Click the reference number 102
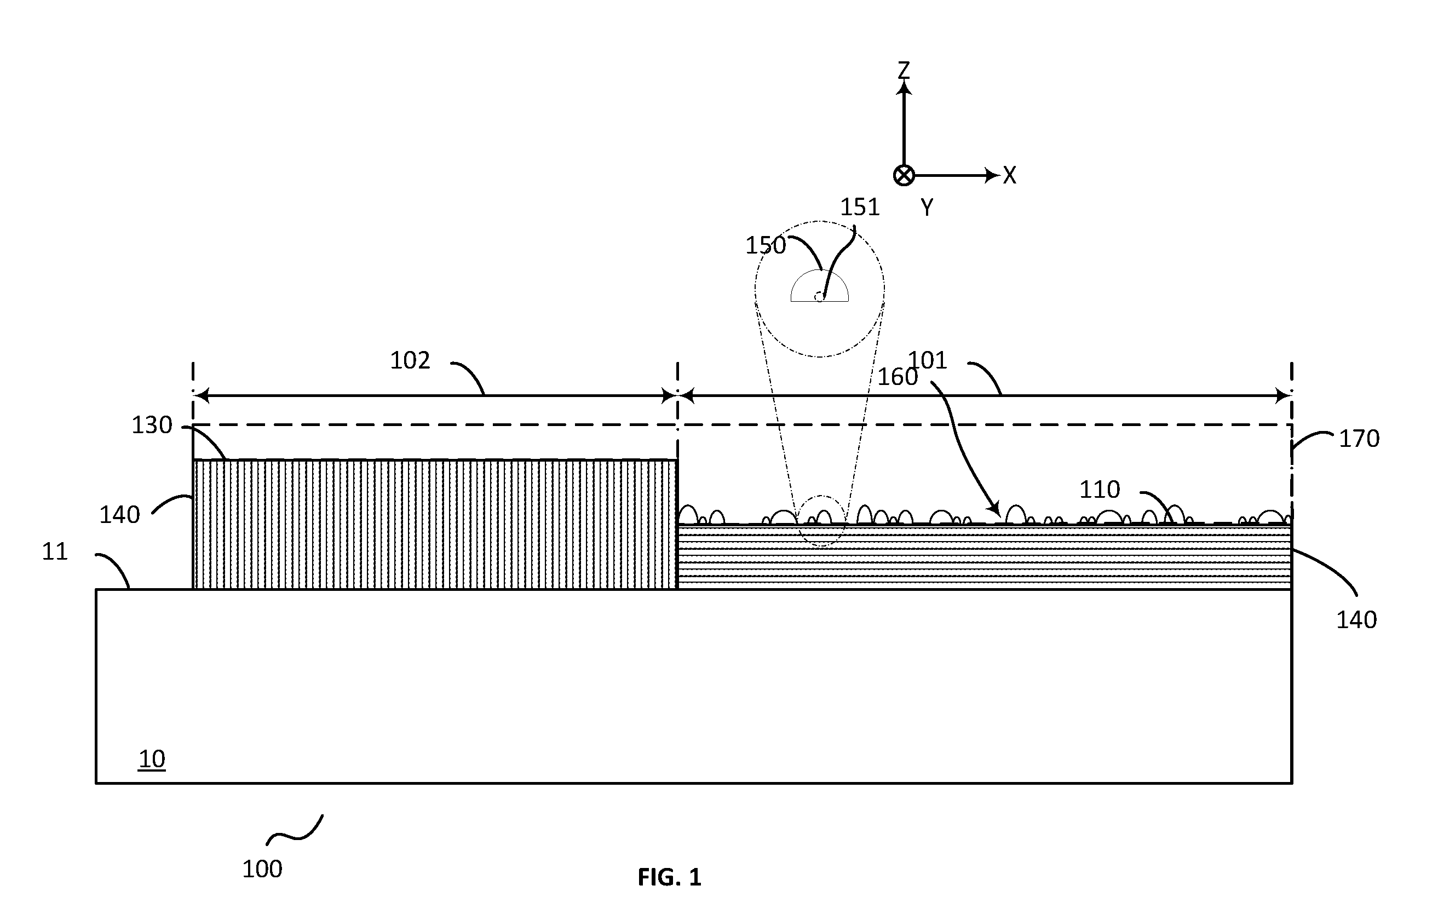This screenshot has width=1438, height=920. pos(410,361)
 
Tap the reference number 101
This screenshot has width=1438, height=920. pos(928,361)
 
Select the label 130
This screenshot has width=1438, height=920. pos(152,426)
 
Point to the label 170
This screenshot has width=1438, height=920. pos(1359,439)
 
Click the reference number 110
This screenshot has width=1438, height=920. pos(1099,490)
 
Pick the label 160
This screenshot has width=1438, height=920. pos(898,377)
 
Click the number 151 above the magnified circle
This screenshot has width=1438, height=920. pos(860,208)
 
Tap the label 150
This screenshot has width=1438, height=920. pos(766,245)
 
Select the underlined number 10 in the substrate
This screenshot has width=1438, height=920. pos(152,760)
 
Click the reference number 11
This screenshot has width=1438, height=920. pos(55,551)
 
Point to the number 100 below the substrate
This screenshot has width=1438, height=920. pos(262,869)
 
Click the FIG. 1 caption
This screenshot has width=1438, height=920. pos(669,877)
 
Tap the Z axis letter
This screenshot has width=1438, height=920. pos(904,70)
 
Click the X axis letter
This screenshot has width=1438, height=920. pos(1010,176)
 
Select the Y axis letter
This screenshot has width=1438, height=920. pos(927,208)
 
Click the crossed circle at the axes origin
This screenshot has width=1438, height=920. pos(904,176)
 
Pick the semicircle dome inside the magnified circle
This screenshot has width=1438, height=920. pos(820,271)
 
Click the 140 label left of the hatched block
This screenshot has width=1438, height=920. pos(119,515)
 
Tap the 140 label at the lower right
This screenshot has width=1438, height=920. pos(1357,620)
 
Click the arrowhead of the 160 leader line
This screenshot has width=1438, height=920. pos(997,512)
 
